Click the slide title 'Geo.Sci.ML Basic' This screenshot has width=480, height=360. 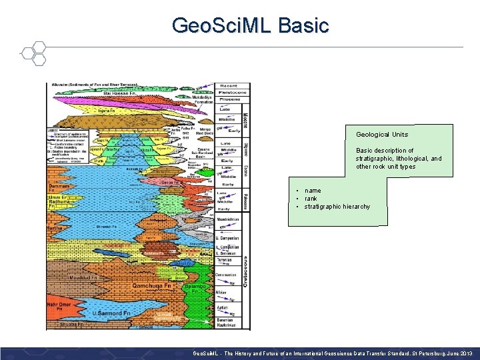(x=250, y=25)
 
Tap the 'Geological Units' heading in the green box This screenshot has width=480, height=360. (x=382, y=134)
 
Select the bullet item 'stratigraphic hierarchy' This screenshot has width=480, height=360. (x=337, y=207)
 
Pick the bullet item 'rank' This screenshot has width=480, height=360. (x=311, y=199)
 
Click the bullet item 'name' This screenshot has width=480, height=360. (x=312, y=191)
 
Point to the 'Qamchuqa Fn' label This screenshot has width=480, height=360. (x=151, y=285)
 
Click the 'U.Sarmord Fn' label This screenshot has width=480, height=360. (x=111, y=312)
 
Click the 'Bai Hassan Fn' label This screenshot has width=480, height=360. (x=121, y=94)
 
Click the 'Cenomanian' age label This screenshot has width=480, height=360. (x=226, y=275)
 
